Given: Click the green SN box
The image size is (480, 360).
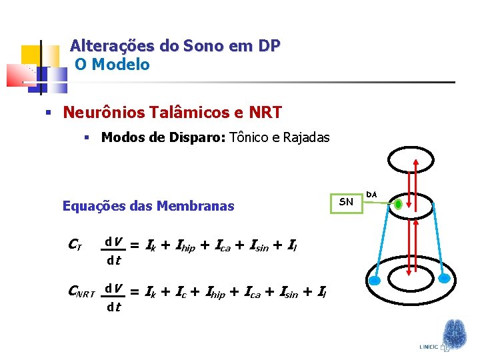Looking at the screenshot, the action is [x=347, y=202].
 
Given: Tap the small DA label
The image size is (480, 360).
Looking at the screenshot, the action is [x=372, y=194].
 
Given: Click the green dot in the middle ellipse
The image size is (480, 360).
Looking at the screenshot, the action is [x=398, y=205].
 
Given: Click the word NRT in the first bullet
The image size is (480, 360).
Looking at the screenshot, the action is [x=265, y=112].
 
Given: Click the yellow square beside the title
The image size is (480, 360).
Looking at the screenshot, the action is [x=31, y=55].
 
